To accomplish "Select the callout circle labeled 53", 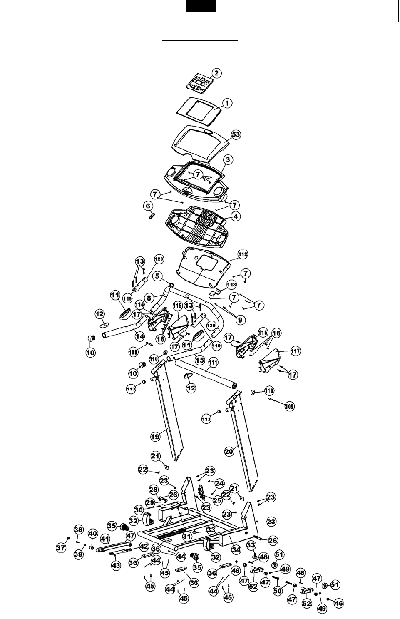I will [236, 135].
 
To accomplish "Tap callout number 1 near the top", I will [228, 103].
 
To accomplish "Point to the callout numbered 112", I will [242, 254].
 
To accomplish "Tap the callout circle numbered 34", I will [236, 550].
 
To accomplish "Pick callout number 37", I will [61, 548].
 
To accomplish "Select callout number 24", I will [219, 484].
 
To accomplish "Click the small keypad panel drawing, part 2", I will [198, 82].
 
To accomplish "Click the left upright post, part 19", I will [169, 412].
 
